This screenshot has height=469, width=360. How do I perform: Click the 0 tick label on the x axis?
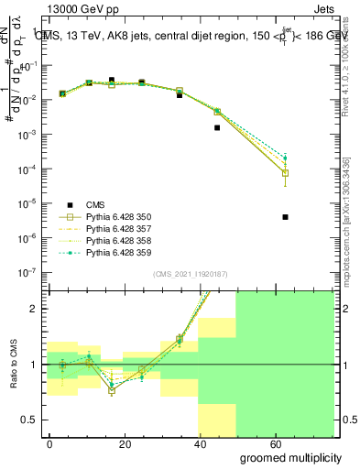pyautogui.click(x=50, y=443)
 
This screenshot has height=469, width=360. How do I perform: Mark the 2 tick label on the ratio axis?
pyautogui.click(x=34, y=309)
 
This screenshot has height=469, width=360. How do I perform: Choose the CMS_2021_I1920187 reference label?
pyautogui.click(x=190, y=274)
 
